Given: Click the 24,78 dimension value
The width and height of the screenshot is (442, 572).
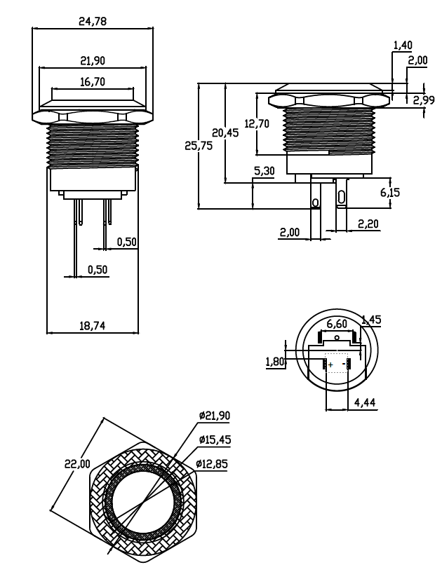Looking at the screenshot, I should (93, 22).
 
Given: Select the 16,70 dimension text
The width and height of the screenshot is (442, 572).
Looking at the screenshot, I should (93, 82).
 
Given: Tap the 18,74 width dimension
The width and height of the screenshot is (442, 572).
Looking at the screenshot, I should (92, 326).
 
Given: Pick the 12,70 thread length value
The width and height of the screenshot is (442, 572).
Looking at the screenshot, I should (257, 125).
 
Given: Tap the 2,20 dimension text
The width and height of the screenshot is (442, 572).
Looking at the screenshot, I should (368, 224).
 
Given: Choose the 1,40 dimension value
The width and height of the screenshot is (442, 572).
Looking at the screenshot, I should (403, 46).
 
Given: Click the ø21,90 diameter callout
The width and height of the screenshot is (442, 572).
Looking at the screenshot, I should (215, 415).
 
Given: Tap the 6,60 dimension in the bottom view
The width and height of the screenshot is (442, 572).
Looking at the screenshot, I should (337, 324).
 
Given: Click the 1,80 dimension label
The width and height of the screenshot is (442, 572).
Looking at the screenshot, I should (275, 362).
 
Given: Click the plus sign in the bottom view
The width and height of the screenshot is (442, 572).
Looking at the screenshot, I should (330, 365).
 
